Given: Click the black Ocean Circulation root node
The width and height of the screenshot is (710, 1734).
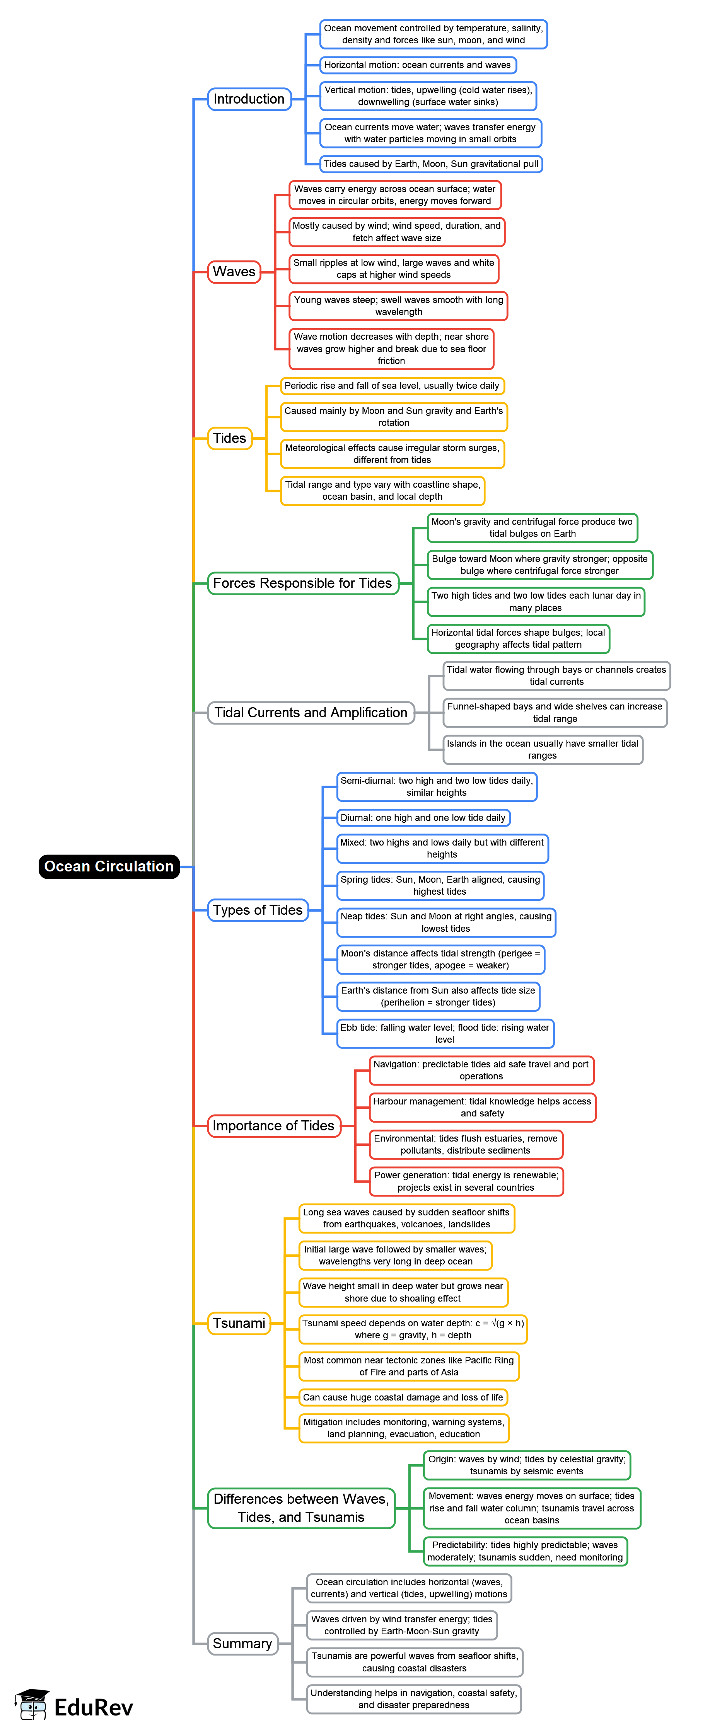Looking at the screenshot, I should click(x=109, y=866).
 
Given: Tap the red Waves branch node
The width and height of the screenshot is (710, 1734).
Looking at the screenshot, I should click(x=234, y=272).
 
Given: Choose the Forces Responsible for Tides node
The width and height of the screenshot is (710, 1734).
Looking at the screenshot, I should click(x=302, y=583).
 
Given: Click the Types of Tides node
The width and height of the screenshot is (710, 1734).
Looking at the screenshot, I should click(x=257, y=910).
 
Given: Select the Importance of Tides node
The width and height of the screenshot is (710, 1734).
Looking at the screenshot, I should click(x=273, y=1125).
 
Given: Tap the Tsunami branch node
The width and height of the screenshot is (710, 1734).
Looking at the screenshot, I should click(x=239, y=1323).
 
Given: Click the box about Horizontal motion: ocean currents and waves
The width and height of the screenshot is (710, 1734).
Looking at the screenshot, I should click(x=418, y=65).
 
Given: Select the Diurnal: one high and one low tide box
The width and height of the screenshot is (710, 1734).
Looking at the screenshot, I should click(x=423, y=818).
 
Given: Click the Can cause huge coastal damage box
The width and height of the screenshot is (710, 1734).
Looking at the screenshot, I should click(x=403, y=1397).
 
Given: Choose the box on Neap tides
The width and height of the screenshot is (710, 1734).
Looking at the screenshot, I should click(x=446, y=922).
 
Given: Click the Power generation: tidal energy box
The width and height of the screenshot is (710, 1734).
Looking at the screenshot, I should click(x=466, y=1181).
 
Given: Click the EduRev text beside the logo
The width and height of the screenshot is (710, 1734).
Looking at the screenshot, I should click(x=94, y=1707).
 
